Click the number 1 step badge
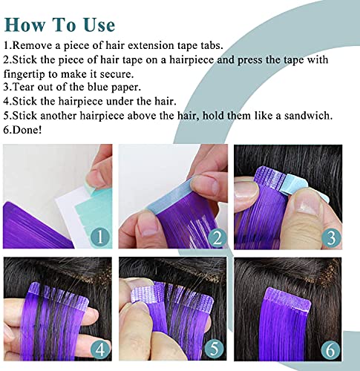click(99, 237)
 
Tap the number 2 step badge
click(217, 238)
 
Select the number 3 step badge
click(331, 237)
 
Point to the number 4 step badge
click(100, 349)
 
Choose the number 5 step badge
click(214, 349)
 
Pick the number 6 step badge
click(330, 349)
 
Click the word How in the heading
click(25, 24)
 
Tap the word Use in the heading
click(99, 24)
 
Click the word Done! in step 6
click(27, 130)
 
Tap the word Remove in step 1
click(32, 45)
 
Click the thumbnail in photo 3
click(307, 206)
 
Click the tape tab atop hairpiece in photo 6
click(288, 298)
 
